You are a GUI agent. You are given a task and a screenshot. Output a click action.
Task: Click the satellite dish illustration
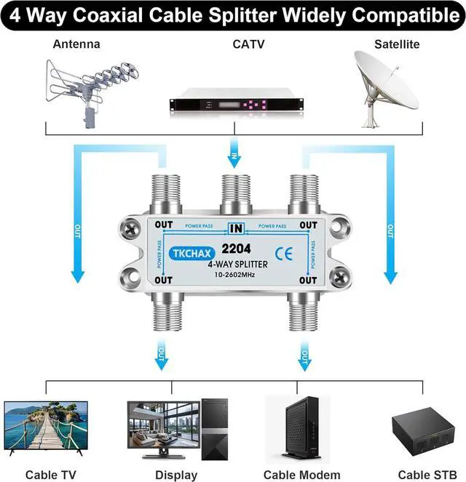386,84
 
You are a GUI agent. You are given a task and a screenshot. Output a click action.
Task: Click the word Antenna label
76,44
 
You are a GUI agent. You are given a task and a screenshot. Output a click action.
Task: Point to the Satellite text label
397,44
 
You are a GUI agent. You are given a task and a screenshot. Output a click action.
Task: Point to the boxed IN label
235,228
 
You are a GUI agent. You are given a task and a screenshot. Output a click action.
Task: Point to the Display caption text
176,475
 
